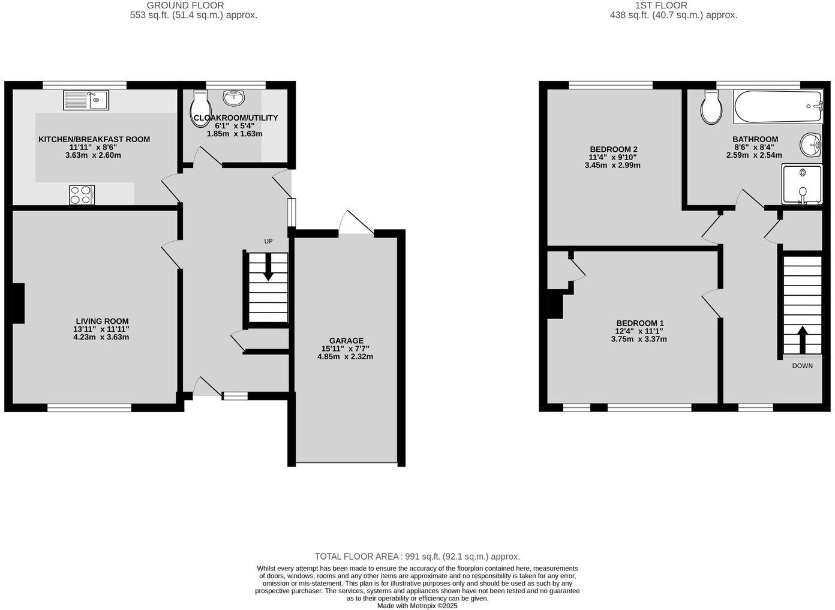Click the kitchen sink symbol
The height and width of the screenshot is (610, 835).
point(86,100)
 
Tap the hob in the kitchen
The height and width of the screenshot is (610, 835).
point(82,195)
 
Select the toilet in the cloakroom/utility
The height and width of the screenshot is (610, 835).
point(198,110)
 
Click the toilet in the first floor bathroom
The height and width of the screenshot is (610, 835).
point(711,108)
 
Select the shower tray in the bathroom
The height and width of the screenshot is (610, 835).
point(801,184)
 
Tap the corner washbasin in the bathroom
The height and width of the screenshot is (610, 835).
point(810,145)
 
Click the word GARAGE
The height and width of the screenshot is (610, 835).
point(346,341)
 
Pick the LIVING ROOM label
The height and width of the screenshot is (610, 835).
point(102,321)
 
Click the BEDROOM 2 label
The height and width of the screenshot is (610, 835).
point(613,149)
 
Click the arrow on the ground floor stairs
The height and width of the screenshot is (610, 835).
point(268,267)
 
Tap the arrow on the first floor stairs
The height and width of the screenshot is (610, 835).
point(802,339)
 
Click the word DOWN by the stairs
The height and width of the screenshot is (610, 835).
point(802,366)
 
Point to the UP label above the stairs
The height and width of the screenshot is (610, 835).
point(268,241)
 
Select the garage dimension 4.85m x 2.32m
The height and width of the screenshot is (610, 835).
point(346,357)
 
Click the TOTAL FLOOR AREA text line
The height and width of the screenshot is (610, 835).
point(417,557)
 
